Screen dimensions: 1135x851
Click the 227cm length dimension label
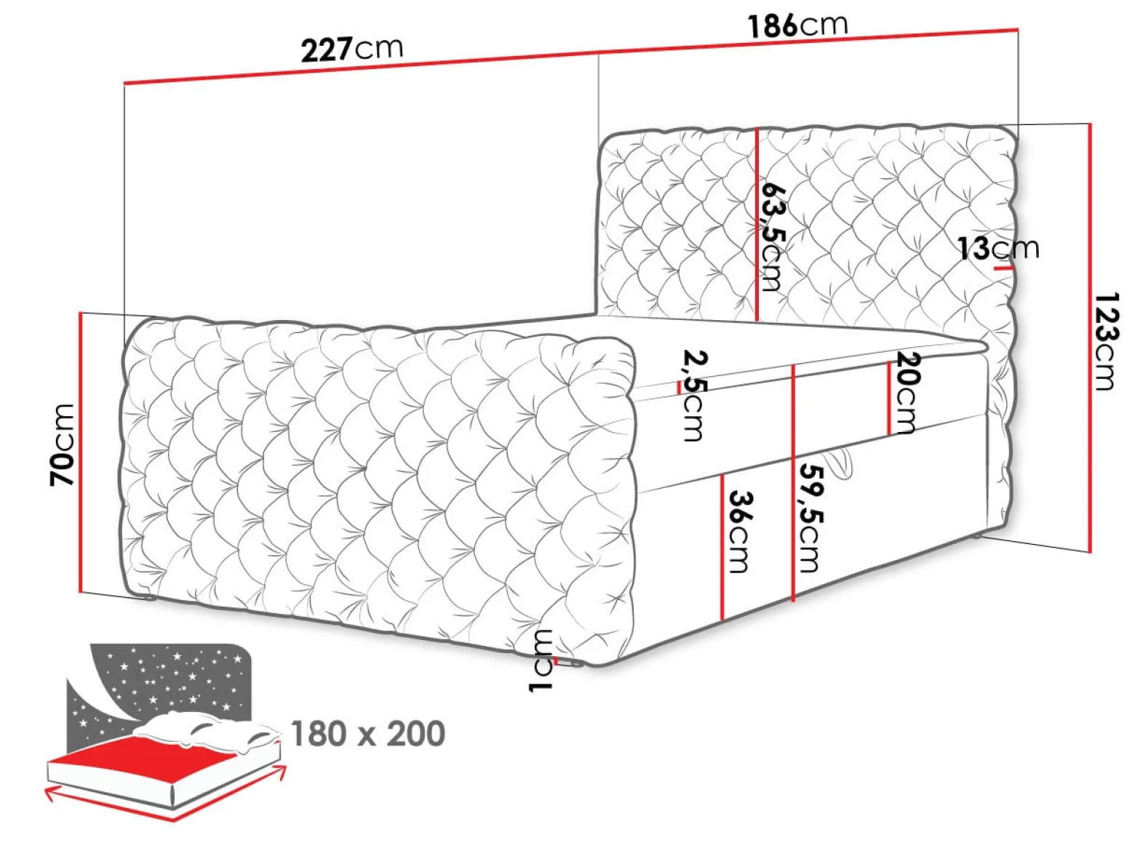tap(351, 49)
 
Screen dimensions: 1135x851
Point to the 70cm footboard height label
tap(63, 445)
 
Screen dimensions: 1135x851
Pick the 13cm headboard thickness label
tap(998, 249)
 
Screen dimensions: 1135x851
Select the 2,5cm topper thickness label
tap(693, 396)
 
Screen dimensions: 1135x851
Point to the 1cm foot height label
tap(541, 660)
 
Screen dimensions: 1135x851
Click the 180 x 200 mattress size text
tap(367, 733)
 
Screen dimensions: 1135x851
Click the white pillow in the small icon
tap(207, 729)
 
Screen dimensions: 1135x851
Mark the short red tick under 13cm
tap(1003, 268)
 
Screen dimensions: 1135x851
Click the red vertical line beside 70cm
tap(81, 452)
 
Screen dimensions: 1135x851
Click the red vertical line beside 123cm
tap(1090, 338)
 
